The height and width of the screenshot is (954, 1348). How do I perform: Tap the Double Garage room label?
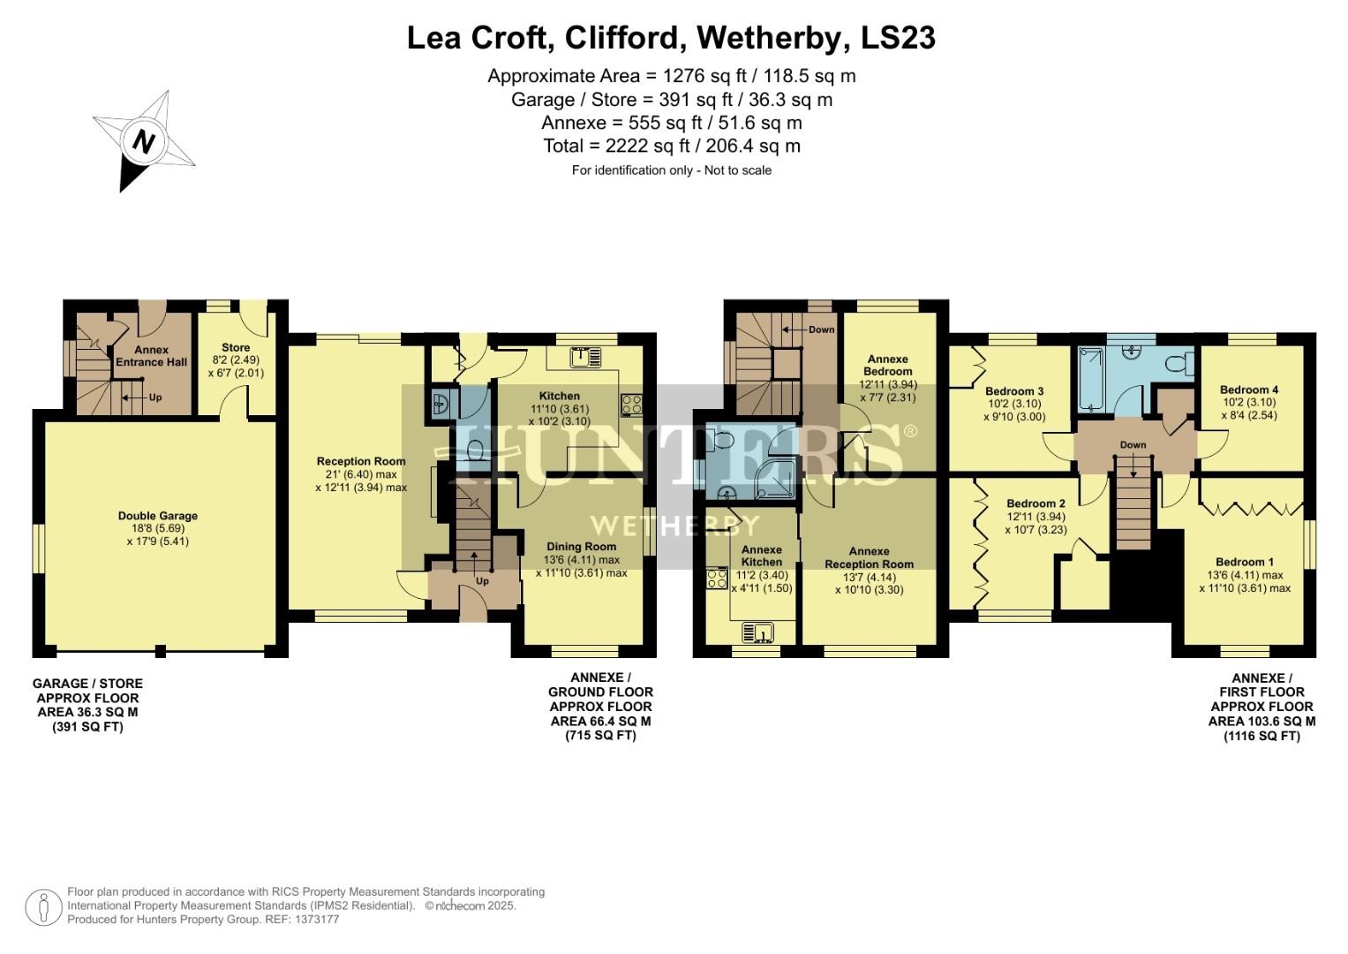coord(158,516)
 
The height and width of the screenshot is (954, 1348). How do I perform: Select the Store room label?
coord(236,347)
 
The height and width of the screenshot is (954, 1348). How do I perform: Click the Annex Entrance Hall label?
coord(152,356)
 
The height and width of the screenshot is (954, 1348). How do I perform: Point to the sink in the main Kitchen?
coord(584,357)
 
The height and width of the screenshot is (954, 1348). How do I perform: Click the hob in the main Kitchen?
coord(632,404)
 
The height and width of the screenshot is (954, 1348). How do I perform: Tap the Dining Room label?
coord(581,547)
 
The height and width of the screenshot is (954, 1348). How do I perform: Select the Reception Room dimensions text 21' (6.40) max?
coord(361,474)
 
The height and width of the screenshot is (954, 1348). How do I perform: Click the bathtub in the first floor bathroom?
coord(1090,379)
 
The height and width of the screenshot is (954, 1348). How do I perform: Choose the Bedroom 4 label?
coord(1248,390)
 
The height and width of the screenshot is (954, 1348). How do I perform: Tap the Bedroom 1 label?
coord(1244,562)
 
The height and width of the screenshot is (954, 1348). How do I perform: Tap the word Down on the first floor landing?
coord(1133,445)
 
